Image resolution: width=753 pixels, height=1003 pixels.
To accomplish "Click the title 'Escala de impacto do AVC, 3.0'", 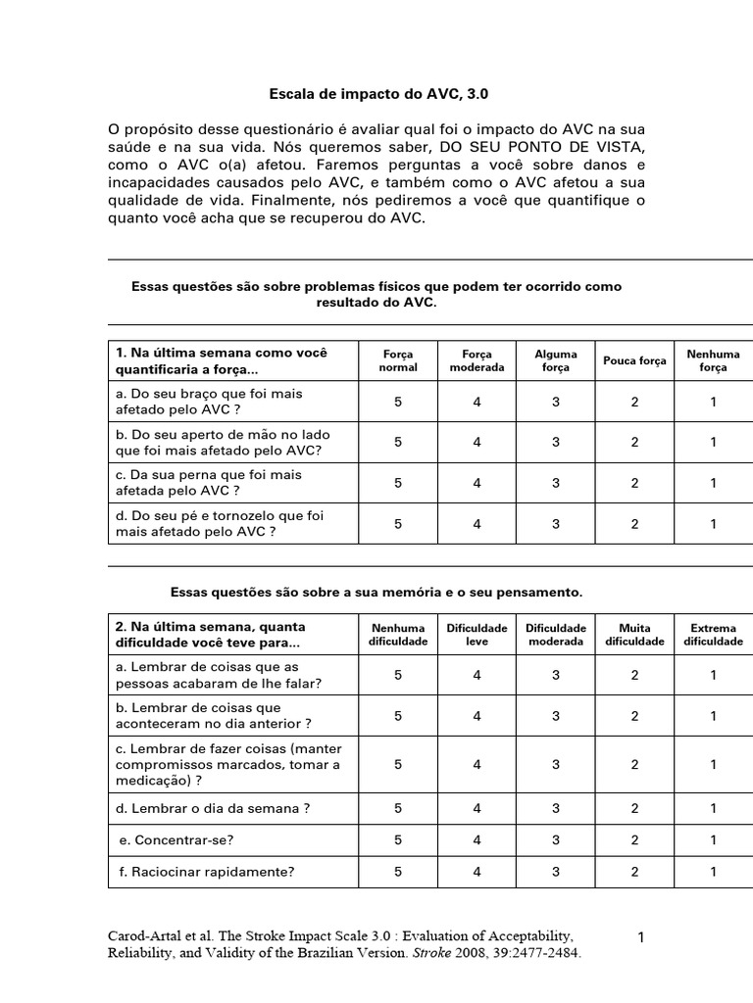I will [378, 95].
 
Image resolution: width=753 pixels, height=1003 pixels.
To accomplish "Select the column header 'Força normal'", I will [398, 360].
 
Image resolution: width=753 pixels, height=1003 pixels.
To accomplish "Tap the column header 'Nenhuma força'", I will [714, 360].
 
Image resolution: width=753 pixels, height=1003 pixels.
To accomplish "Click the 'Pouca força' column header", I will [634, 360].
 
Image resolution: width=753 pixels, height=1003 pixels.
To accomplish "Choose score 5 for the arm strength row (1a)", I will [398, 401].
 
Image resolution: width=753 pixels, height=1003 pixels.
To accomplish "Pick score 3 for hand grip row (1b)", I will [556, 442].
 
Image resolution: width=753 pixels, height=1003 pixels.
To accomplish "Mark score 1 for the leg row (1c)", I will [714, 482].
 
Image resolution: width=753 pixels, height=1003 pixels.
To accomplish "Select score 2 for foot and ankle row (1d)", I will [634, 523].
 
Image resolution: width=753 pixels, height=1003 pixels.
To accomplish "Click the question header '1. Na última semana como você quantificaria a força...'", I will [222, 360].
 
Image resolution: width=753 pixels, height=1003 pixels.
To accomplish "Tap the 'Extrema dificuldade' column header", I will [714, 635].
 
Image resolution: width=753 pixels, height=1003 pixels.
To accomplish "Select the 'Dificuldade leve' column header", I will [477, 635].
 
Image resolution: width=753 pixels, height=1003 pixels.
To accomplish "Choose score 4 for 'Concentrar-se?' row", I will [477, 839].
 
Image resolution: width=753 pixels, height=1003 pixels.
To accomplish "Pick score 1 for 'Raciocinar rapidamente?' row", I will [714, 871].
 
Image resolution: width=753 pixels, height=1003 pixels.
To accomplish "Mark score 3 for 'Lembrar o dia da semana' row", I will [556, 808].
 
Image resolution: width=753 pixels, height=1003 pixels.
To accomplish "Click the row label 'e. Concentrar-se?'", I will [176, 839].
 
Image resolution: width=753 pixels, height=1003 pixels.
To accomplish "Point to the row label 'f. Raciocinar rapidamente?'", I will [205, 871].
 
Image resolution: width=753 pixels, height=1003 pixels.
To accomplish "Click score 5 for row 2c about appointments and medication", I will [398, 764].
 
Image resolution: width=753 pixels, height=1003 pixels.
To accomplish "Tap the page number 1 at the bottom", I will [641, 937].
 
